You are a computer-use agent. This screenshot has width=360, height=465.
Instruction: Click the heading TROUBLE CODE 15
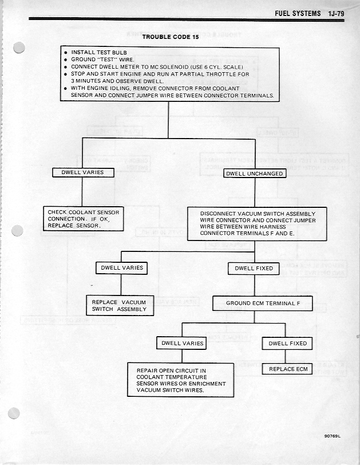click(168, 37)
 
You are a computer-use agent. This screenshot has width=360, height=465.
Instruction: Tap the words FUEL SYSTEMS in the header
click(298, 13)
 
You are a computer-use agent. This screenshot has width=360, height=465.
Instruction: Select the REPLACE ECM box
click(288, 369)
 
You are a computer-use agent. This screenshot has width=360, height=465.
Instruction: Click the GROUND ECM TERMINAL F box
click(263, 303)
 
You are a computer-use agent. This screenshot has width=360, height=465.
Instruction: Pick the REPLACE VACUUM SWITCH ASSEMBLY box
click(119, 305)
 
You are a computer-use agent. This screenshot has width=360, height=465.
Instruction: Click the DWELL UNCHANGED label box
click(254, 174)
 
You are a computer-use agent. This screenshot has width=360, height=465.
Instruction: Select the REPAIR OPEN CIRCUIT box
click(181, 380)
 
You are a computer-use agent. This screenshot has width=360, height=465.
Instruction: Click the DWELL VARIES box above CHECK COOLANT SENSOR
click(83, 172)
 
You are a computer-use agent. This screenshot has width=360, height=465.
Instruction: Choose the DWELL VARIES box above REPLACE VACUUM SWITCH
click(122, 267)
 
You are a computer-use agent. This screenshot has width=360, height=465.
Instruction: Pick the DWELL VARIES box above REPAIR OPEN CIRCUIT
click(183, 344)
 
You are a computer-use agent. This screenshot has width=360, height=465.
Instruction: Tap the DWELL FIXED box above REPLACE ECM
click(288, 344)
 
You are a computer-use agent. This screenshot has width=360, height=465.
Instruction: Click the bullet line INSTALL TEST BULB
click(103, 52)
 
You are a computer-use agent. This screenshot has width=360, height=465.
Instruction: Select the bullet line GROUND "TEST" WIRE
click(103, 60)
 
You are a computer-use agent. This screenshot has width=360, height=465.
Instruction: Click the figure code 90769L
click(331, 436)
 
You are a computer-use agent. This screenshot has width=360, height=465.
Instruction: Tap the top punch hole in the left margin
click(19, 48)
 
